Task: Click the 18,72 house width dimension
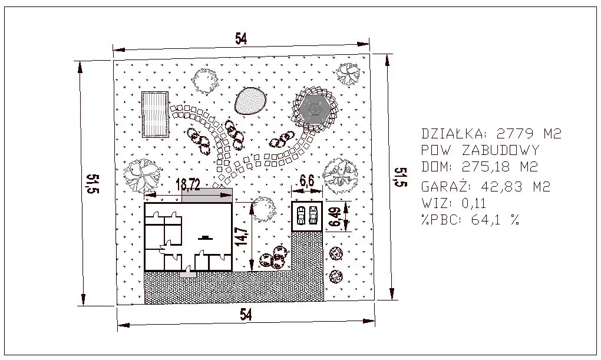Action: pos(188,185)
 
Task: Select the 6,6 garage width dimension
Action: pos(306,180)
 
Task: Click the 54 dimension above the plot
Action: pos(241,39)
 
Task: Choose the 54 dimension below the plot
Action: pos(246,315)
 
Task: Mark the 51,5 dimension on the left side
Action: pos(93,184)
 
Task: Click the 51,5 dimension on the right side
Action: pos(401,177)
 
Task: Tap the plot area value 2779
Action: pos(515,133)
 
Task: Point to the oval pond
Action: pos(250,101)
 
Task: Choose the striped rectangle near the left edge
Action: pos(155,114)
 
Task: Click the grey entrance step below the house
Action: pos(187,274)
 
